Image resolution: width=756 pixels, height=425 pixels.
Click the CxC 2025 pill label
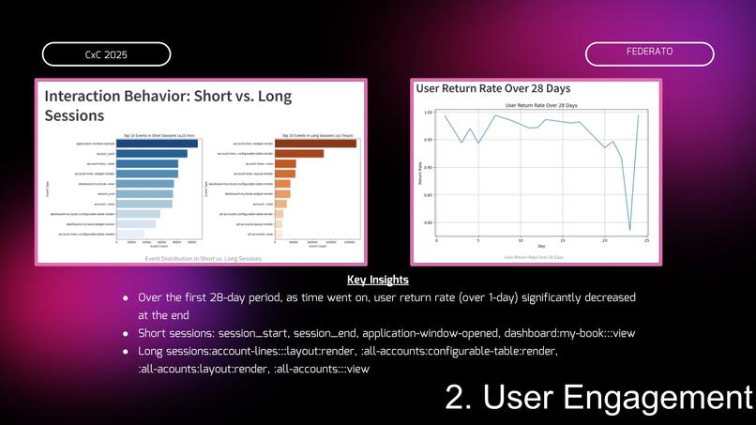coord(106,54)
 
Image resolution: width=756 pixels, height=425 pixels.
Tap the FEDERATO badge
coord(649,53)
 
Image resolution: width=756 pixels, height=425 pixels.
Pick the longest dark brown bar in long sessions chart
coord(315,144)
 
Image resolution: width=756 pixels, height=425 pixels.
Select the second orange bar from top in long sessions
coord(299,154)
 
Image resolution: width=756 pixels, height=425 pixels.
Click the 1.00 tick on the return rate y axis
coord(428,113)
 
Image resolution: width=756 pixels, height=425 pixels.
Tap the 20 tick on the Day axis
coord(605,240)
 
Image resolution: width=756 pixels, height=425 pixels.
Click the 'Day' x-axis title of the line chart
coord(541,246)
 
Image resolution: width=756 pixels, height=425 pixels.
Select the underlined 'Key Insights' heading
coord(377,280)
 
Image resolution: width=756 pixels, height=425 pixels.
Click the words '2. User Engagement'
coord(598,398)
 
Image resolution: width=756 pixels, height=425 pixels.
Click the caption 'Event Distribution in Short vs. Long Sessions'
coord(204,258)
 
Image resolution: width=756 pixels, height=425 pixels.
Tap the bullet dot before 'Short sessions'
coord(126,333)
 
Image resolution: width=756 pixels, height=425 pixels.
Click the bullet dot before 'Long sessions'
coord(126,351)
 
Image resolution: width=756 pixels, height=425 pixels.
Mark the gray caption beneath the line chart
coord(534,257)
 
